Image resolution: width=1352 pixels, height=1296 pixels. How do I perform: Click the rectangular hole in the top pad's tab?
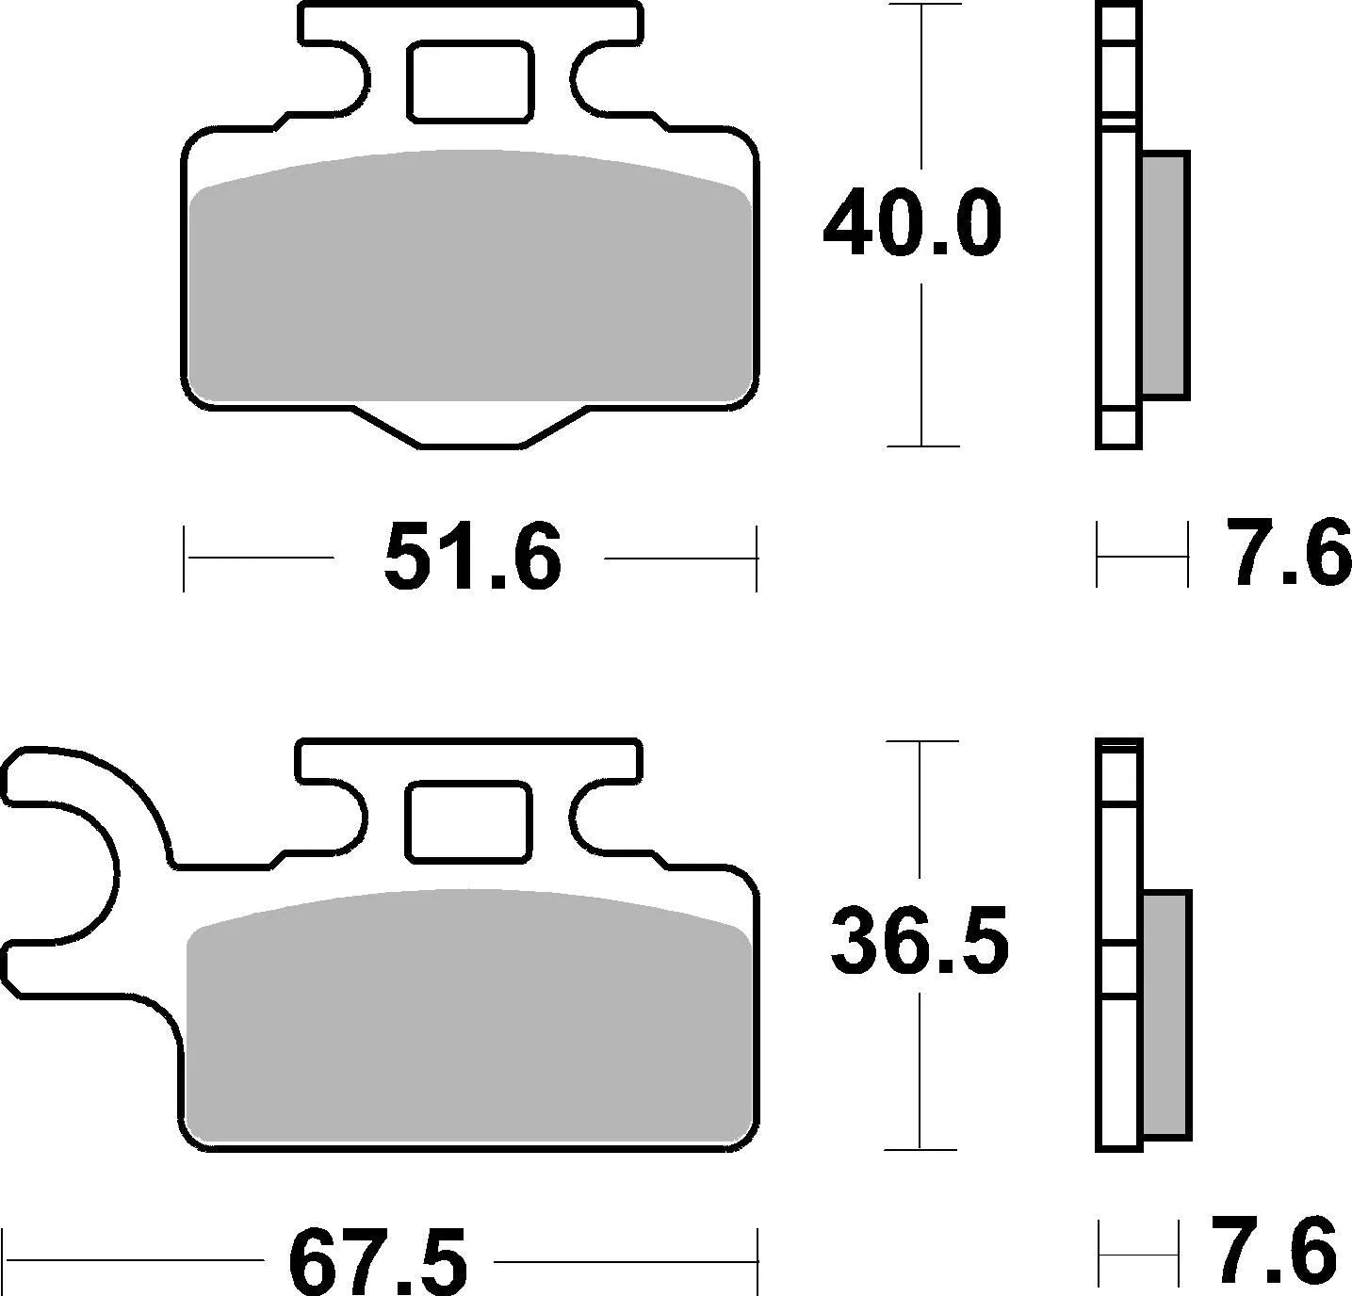tap(470, 82)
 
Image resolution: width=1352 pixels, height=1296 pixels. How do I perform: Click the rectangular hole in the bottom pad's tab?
tap(468, 821)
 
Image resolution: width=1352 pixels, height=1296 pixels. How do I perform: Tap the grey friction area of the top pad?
tap(470, 283)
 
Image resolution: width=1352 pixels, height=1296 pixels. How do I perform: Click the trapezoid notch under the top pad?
tap(470, 426)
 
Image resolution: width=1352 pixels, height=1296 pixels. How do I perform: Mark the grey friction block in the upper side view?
tap(1165, 273)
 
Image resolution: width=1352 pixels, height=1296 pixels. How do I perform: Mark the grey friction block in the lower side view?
tap(1166, 1012)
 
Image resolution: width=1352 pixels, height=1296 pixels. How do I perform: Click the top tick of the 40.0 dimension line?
tap(921, 5)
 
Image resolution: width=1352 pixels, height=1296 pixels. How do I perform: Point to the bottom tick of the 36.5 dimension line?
tap(920, 1149)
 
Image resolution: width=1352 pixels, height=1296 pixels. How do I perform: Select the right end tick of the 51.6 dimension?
tap(756, 559)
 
